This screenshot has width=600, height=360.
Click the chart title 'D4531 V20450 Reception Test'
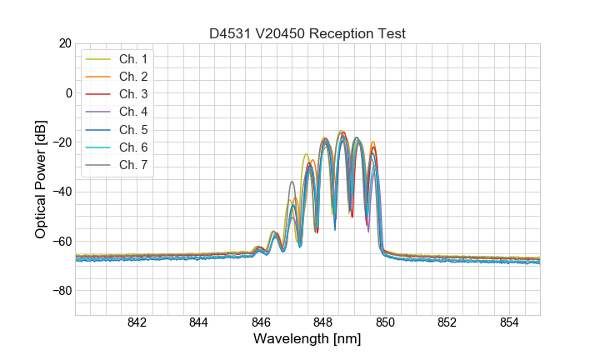point(307,33)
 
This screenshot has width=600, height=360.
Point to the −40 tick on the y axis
point(62,192)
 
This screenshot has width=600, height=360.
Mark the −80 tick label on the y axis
point(62,291)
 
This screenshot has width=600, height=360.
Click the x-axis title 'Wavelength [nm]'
point(307,340)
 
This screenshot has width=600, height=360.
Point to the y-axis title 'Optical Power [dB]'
point(40,179)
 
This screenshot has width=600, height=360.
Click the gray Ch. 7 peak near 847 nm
point(292,182)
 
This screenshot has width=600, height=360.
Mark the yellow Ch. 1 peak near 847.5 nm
point(306,154)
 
